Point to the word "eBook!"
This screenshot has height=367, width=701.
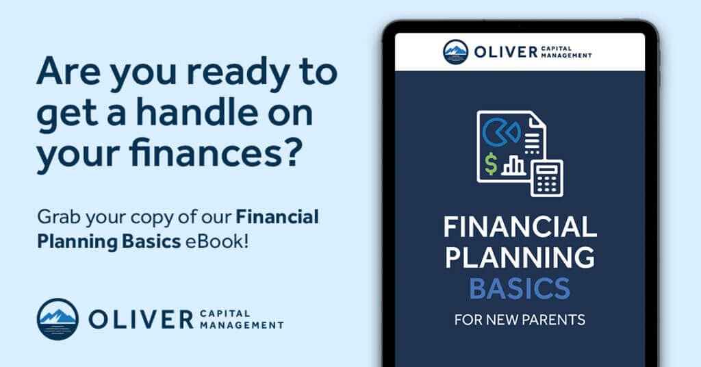point(216,242)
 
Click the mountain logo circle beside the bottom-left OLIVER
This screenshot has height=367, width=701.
point(58,319)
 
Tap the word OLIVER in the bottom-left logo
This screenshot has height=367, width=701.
point(141,320)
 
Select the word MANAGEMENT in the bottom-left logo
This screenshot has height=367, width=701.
point(242,325)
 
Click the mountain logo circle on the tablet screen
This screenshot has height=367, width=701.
point(455,52)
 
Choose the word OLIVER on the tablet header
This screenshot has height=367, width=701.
point(506,52)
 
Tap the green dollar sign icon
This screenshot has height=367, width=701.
point(491,164)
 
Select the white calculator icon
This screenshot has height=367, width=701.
point(547,178)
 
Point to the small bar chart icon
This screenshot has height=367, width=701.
point(514,166)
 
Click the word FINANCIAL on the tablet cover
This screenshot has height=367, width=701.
point(520,227)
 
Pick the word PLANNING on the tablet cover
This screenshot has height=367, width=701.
point(520,257)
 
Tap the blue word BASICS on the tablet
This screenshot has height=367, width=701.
point(520,288)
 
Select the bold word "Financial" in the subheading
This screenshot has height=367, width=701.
point(277,217)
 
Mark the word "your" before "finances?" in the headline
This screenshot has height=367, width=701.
point(79,154)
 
